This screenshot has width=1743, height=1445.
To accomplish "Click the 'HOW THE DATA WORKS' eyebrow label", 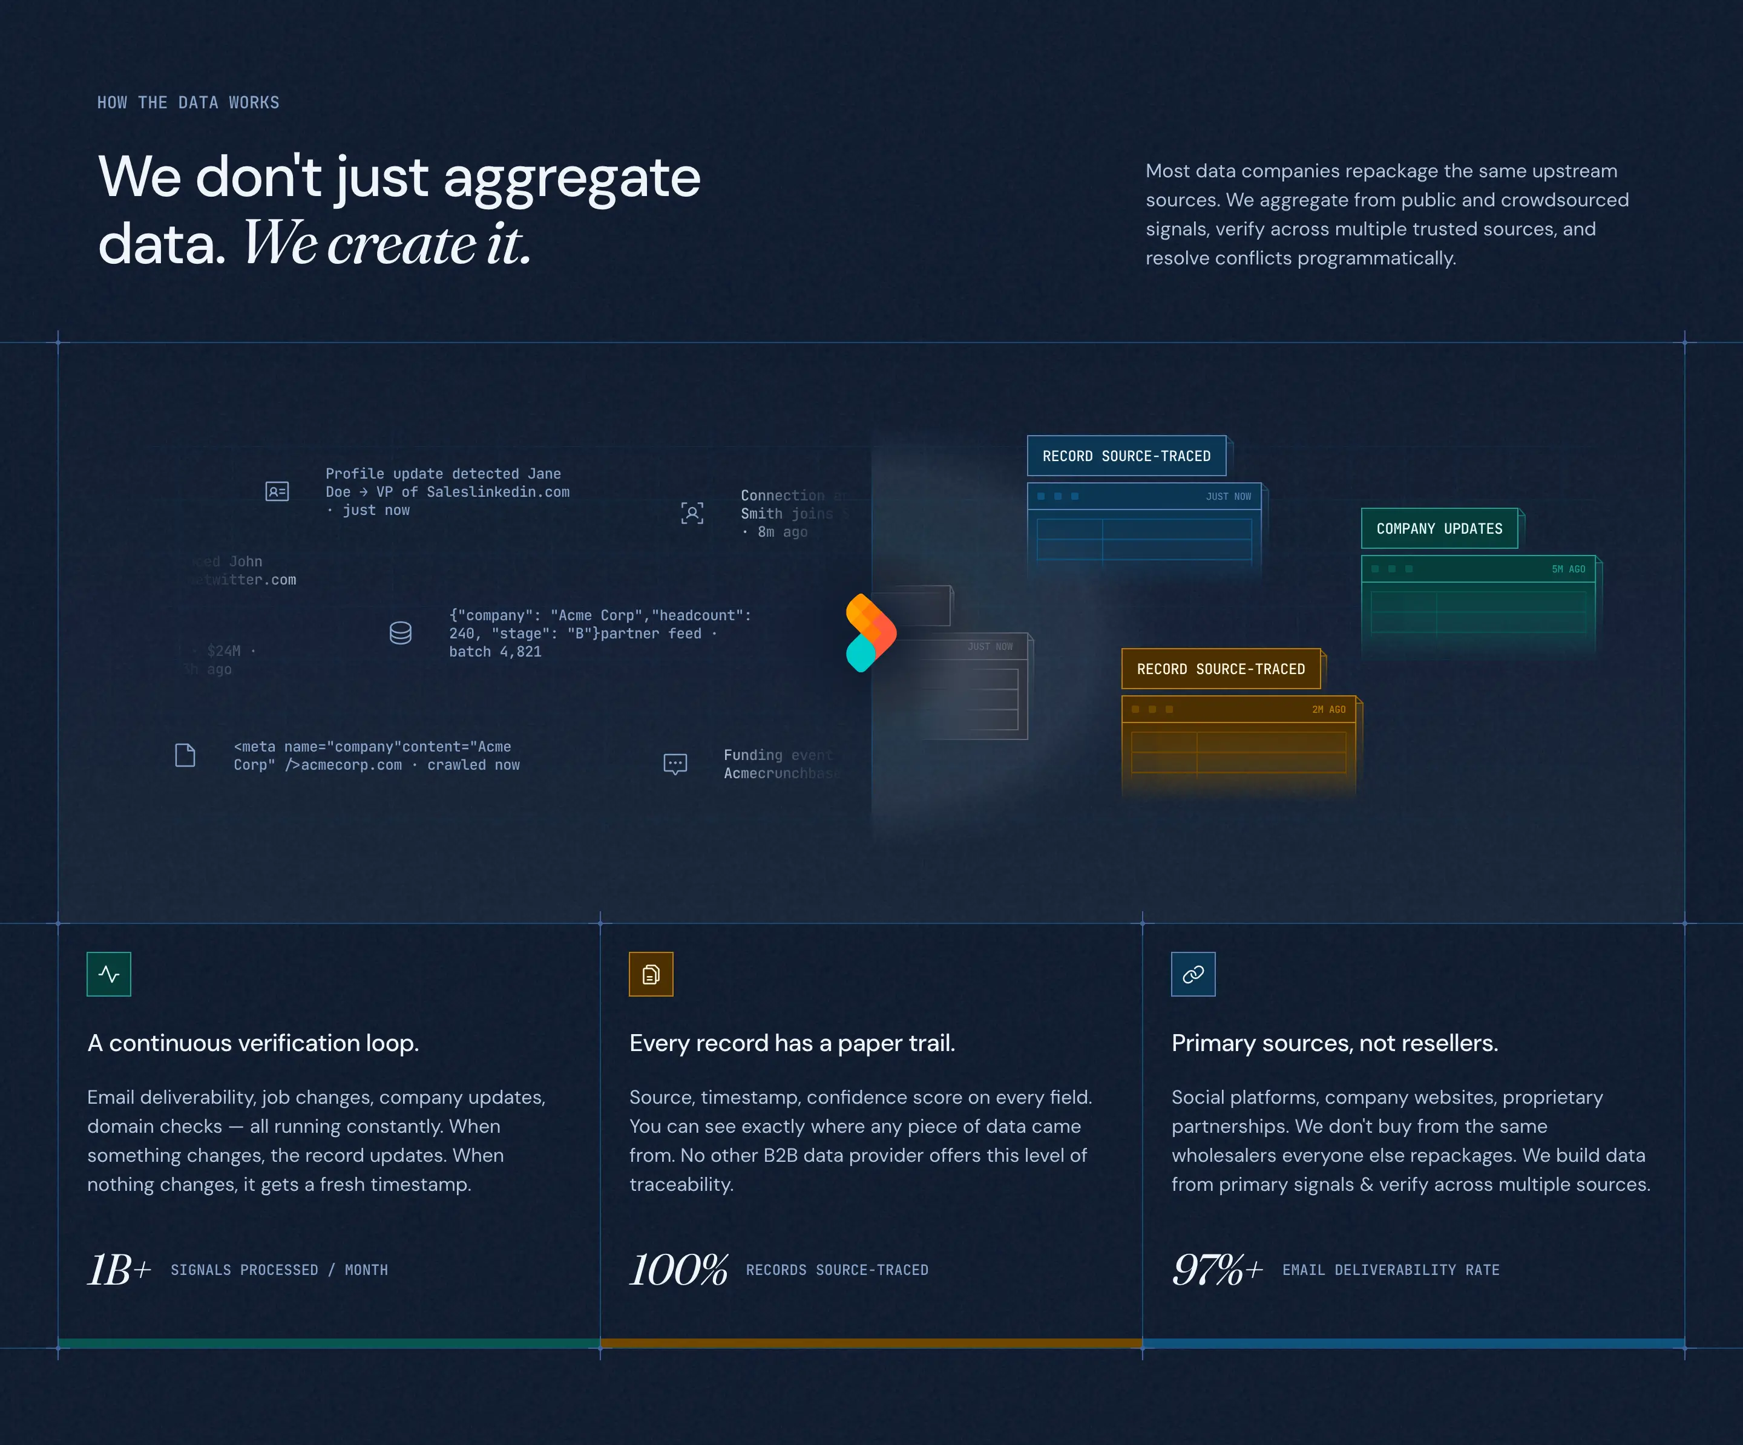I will click(188, 103).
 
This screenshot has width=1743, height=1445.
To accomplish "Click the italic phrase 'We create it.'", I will click(387, 244).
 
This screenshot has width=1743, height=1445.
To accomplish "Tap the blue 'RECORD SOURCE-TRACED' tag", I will click(1126, 456).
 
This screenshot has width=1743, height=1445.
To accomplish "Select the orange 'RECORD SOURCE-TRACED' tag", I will click(1220, 669).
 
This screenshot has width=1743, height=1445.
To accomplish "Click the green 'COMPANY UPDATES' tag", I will click(1439, 529).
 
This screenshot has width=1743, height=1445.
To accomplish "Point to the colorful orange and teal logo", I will click(870, 632).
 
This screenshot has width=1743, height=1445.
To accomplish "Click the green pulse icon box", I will click(109, 974).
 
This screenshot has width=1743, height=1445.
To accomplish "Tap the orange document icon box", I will click(651, 974).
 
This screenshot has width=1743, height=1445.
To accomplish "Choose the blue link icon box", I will click(1193, 974).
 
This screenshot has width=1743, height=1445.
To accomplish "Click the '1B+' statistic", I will click(119, 1270).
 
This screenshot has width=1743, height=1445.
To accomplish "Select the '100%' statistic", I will click(678, 1270).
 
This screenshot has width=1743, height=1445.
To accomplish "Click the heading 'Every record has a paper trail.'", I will click(792, 1043).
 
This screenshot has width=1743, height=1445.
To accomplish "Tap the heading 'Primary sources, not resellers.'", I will click(1334, 1043).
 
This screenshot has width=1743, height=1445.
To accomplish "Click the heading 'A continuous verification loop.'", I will click(253, 1043).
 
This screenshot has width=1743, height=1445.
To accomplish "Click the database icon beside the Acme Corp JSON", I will click(401, 634).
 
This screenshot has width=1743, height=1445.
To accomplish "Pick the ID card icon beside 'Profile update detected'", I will click(277, 491).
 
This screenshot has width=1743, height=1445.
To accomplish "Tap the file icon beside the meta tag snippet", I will click(185, 755).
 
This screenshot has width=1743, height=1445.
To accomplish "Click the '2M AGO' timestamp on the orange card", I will click(1328, 710).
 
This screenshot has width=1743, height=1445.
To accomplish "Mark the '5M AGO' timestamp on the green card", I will click(1568, 569).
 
